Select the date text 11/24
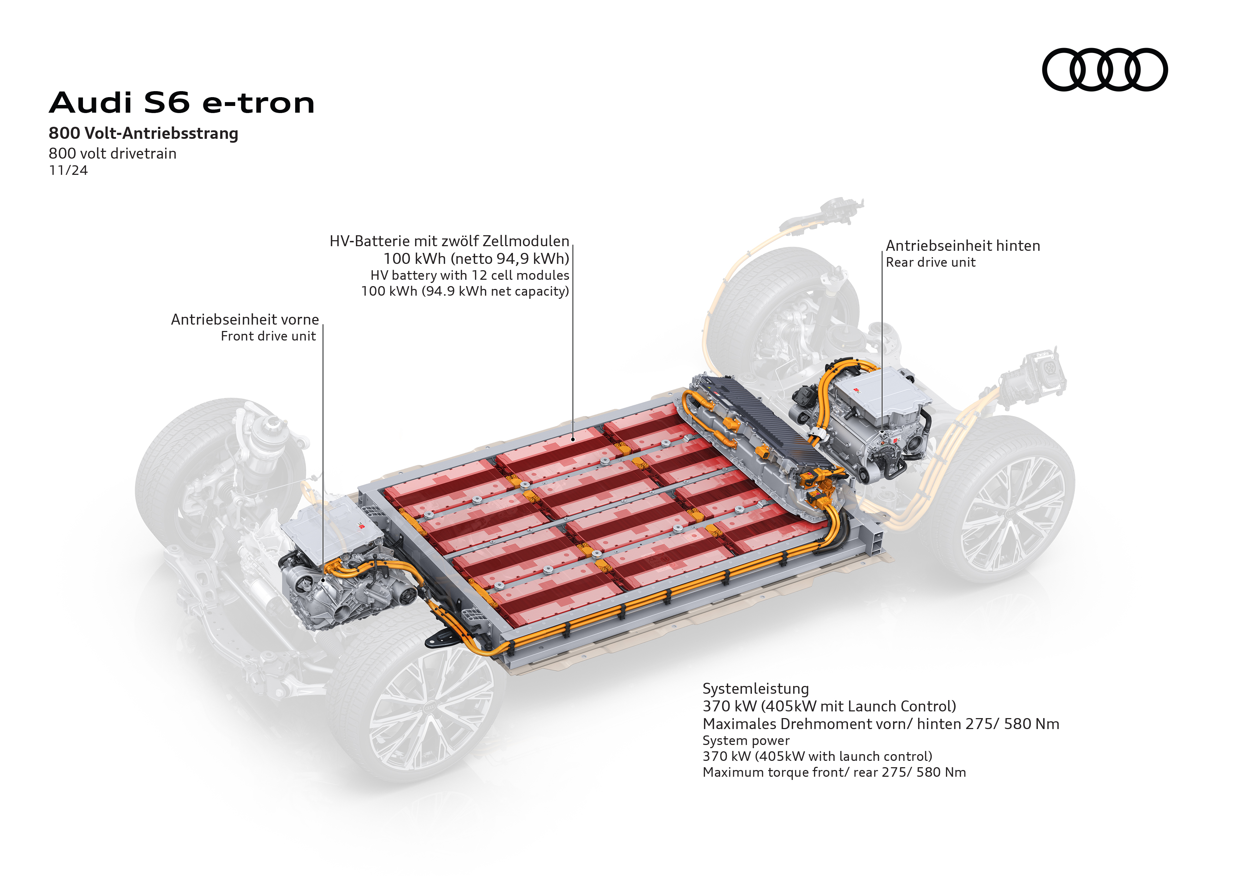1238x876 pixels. (x=68, y=171)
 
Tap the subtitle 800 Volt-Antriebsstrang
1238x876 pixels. (x=143, y=133)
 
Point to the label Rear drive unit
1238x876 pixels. (x=930, y=263)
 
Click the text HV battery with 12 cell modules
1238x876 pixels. (x=469, y=275)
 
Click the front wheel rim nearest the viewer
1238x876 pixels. (x=431, y=712)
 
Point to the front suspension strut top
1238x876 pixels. (x=264, y=432)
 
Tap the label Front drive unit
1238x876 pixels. (x=268, y=337)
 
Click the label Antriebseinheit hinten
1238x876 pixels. (x=962, y=246)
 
